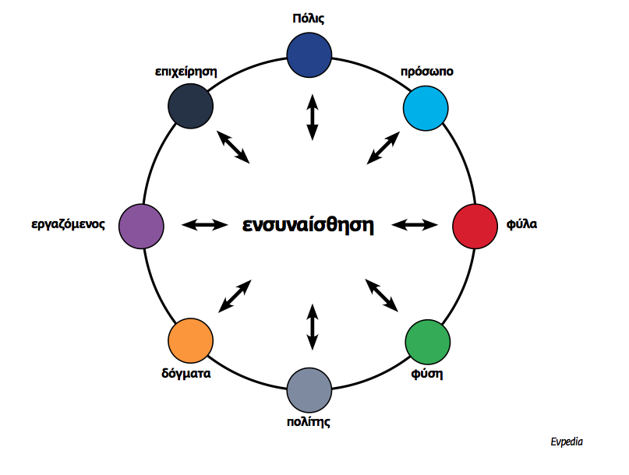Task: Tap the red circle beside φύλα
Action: click(475, 225)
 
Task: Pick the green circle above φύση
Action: click(429, 340)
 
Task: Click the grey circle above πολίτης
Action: click(309, 389)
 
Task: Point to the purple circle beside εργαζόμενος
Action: click(141, 226)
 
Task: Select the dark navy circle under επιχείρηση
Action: click(190, 105)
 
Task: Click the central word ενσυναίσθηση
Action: click(308, 226)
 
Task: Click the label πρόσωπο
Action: click(427, 71)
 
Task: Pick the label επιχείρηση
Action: click(186, 71)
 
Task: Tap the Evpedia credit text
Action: click(566, 442)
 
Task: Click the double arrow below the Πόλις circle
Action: click(312, 118)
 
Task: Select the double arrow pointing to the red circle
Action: click(415, 225)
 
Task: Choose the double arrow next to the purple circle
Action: click(203, 225)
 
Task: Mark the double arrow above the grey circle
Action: click(312, 327)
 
